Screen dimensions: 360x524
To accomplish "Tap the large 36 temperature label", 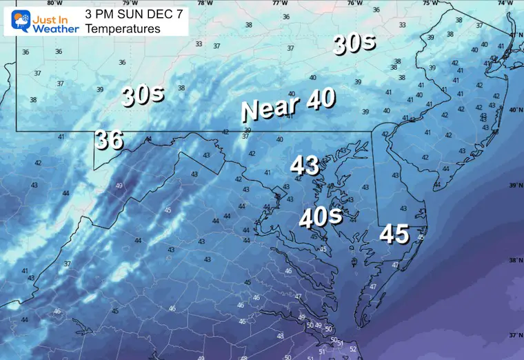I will tap(109, 140).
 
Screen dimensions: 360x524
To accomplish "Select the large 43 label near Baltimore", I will tap(305, 166).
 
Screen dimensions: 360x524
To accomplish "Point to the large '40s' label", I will tap(321, 218).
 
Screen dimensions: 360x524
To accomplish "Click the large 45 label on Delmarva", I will tap(394, 234).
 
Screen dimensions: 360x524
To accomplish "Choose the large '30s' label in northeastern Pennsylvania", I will tap(354, 45).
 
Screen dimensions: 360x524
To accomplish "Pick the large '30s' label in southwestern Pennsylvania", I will tap(143, 95).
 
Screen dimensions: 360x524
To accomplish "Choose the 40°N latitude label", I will tap(514, 110).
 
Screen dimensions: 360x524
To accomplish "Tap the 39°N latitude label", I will tap(514, 186).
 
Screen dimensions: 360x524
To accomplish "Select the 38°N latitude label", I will tap(514, 261).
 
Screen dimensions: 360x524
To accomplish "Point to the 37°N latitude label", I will tap(514, 335).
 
